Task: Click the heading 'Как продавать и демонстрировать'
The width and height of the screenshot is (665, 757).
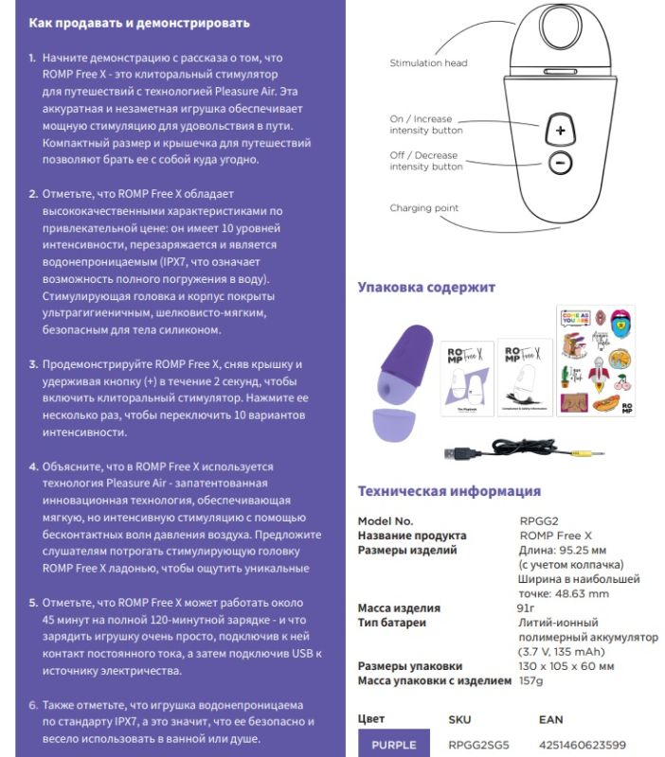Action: point(139,23)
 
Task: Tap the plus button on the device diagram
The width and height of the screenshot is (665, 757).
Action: point(560,130)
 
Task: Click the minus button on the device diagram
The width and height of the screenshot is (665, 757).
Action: point(560,163)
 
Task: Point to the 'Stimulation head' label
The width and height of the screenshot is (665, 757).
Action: point(428,63)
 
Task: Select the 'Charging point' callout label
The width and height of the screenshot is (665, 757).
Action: point(424,208)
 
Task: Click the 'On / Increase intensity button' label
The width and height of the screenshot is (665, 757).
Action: point(426,125)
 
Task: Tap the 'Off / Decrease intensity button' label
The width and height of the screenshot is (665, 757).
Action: point(426,161)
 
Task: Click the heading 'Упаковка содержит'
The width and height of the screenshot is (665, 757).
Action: point(426,288)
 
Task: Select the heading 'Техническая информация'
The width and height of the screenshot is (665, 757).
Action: point(449,491)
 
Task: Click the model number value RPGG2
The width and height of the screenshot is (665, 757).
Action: point(538,521)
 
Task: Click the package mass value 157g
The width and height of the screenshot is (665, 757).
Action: point(532,680)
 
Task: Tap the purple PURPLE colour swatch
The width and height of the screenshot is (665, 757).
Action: point(394,745)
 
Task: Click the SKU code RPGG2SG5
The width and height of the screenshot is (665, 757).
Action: point(477,745)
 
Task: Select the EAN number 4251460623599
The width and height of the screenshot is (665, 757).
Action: point(582,745)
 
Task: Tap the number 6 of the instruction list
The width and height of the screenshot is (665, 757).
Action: point(33,705)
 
